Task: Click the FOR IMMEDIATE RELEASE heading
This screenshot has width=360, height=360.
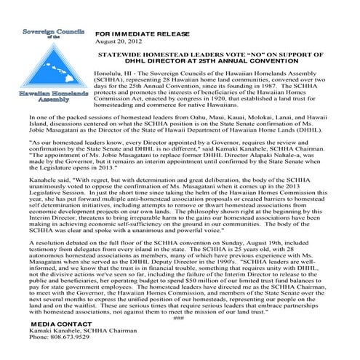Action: [x=139, y=34]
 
